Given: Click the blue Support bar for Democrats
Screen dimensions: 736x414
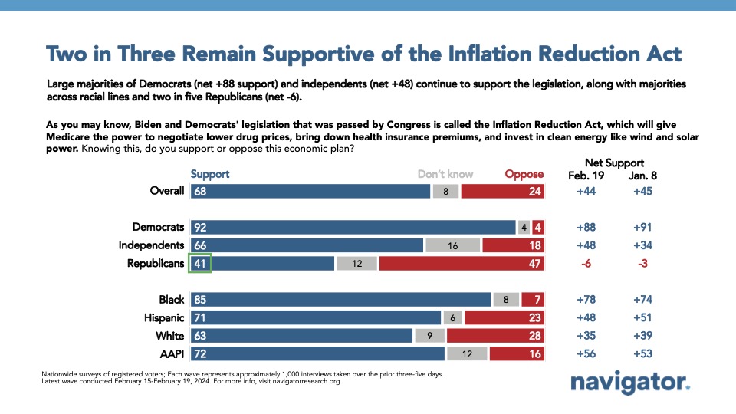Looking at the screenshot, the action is [x=353, y=227].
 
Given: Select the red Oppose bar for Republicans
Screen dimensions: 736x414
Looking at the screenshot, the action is [x=462, y=263].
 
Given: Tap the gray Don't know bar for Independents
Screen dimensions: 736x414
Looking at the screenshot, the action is [x=452, y=245].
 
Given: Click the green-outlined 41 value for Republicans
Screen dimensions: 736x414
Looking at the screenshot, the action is [x=200, y=263].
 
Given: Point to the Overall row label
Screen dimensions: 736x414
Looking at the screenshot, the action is [x=167, y=191].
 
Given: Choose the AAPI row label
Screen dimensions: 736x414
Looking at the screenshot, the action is [x=172, y=354].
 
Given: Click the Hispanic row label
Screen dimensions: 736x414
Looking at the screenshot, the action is [x=164, y=317].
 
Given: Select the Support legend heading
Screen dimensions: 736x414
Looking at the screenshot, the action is [x=210, y=175].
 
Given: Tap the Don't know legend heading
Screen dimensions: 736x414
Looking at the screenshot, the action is [x=445, y=174].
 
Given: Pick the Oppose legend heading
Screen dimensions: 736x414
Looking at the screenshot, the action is [x=524, y=175].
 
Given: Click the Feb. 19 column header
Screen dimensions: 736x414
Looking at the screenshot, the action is [x=586, y=176].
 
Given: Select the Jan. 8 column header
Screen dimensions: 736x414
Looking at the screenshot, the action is [x=642, y=176].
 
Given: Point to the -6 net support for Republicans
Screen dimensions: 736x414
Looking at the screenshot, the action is [x=586, y=263].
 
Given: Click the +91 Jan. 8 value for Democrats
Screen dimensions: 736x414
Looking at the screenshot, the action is [x=642, y=227].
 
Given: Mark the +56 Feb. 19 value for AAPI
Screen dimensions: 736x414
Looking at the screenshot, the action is [x=586, y=354].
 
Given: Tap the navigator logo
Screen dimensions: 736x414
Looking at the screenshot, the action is [x=630, y=382].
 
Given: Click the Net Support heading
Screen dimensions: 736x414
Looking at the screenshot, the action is [x=614, y=163].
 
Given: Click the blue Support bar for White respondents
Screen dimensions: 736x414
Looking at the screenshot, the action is [x=301, y=336].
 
